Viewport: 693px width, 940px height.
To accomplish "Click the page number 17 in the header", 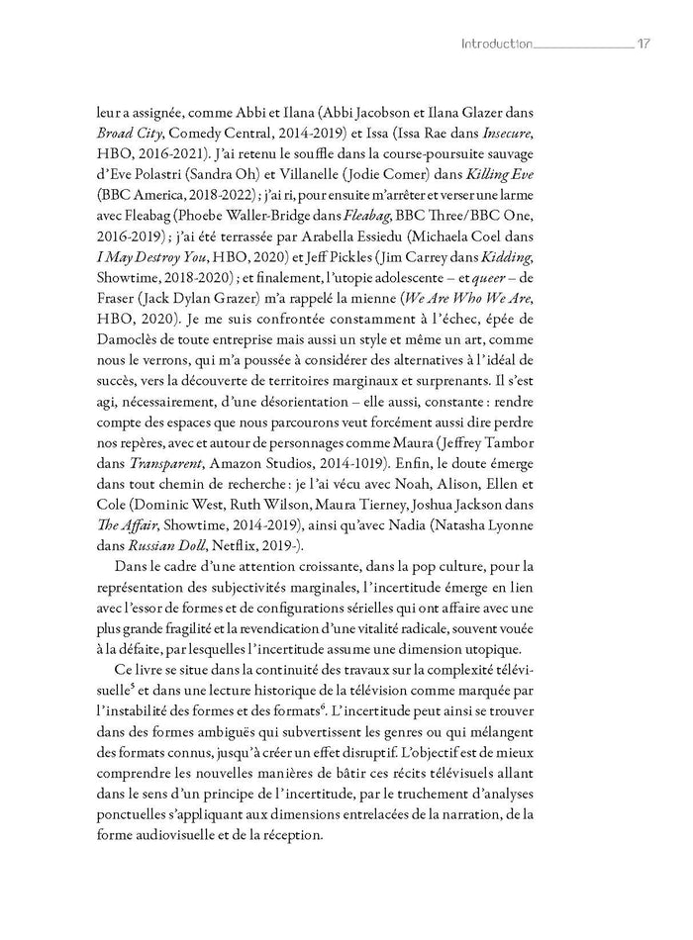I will pyautogui.click(x=643, y=45).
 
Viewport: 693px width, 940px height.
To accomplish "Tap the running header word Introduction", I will pyautogui.click(x=496, y=45).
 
